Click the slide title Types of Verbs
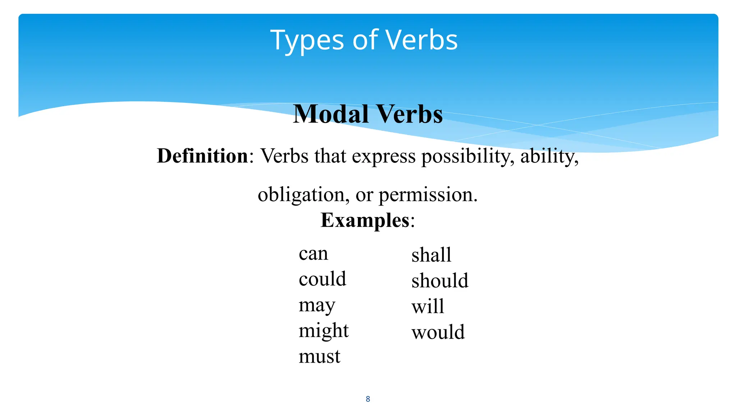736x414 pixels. pos(364,40)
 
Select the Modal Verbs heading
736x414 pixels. pos(368,114)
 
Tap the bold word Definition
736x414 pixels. pos(203,156)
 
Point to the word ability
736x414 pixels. pos(549,157)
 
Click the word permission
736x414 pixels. pos(428,195)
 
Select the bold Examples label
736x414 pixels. pos(365,220)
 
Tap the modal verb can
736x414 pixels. pos(313,254)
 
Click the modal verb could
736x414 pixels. pos(322,279)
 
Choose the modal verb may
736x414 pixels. pos(317,305)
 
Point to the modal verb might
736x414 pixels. pos(323,331)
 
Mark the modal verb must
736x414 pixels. pos(319,356)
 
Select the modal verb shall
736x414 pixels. pos(431,255)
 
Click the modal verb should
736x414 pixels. pos(440,281)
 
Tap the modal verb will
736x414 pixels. pos(428,307)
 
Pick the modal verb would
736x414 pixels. pos(438,332)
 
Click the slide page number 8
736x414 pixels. pos(368,399)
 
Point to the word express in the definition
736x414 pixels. pos(383,157)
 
